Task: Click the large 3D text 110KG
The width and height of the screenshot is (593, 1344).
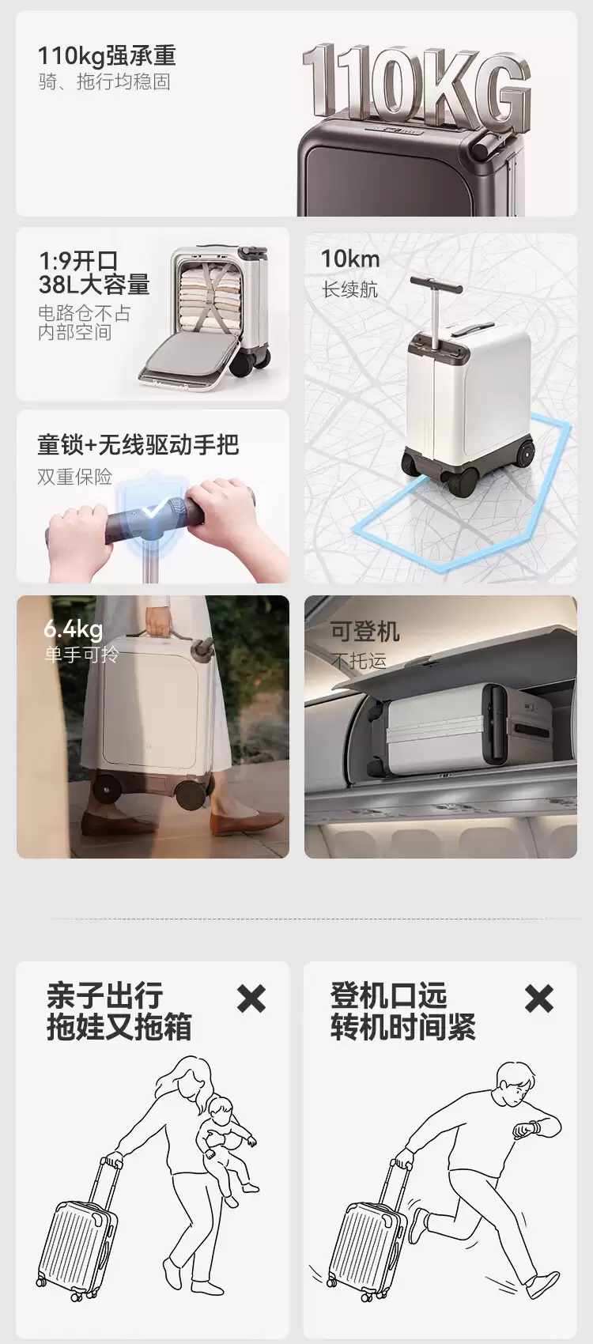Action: point(416,84)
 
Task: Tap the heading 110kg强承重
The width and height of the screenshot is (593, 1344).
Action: point(107,56)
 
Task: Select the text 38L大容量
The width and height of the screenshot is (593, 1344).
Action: point(94,285)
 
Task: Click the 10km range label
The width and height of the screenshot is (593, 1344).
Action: point(350,259)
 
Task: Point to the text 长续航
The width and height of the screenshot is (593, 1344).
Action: point(350,289)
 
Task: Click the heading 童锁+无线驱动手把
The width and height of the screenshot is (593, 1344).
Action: point(138,444)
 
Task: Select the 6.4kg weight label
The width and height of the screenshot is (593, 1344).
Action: point(74,629)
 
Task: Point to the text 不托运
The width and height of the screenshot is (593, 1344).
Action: point(359,661)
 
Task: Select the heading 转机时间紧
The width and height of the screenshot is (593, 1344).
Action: point(402,1027)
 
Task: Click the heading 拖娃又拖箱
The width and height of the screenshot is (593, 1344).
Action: point(119,1027)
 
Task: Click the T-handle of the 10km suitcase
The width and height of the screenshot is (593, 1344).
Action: point(437,285)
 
